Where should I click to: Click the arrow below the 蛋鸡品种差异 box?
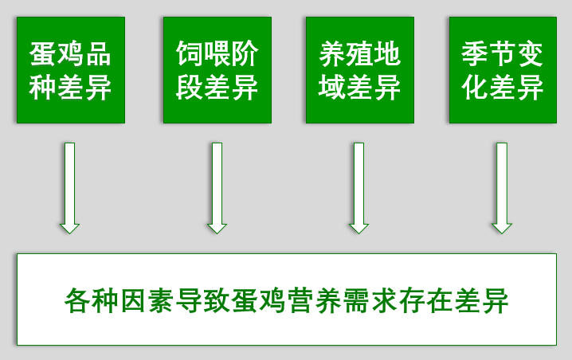70,188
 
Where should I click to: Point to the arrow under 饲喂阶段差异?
217,188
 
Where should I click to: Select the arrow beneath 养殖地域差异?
359,188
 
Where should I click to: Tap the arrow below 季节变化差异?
501,188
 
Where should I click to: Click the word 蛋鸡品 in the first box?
70,54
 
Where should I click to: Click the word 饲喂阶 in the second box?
217,54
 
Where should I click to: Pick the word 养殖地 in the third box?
359,54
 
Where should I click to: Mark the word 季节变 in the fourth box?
502,54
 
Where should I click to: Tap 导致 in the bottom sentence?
203,301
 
